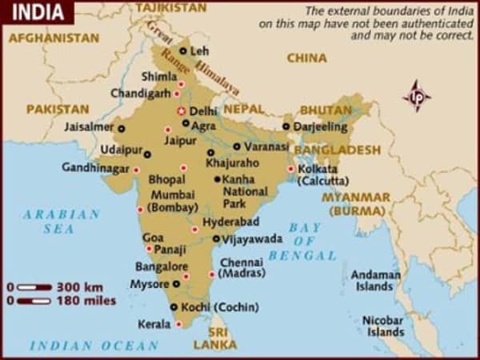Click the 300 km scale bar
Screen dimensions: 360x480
[34, 286]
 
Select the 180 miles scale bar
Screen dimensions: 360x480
[34, 301]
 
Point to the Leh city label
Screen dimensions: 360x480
[200, 50]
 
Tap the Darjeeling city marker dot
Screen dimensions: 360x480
[286, 126]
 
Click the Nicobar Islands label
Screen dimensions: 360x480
[383, 326]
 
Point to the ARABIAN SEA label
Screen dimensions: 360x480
[61, 222]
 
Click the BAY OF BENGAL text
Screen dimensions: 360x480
[302, 242]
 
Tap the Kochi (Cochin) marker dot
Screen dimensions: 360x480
[174, 307]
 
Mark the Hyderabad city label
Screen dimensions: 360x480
[230, 222]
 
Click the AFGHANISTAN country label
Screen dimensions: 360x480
[54, 38]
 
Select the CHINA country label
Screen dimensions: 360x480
[306, 58]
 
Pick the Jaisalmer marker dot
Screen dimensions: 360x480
[122, 127]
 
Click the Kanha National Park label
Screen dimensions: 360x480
[245, 192]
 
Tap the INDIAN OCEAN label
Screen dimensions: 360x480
[94, 346]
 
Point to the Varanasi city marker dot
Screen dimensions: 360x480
[237, 146]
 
